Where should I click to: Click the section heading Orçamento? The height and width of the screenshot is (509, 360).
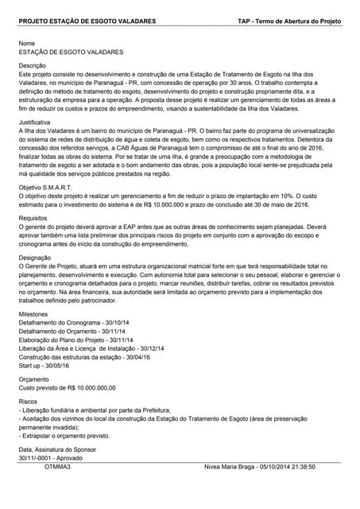point(34,379)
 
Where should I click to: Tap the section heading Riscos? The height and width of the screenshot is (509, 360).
point(28,403)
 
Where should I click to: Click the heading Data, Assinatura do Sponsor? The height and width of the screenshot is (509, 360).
point(57,450)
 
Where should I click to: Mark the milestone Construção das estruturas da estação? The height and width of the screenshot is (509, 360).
point(86,357)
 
